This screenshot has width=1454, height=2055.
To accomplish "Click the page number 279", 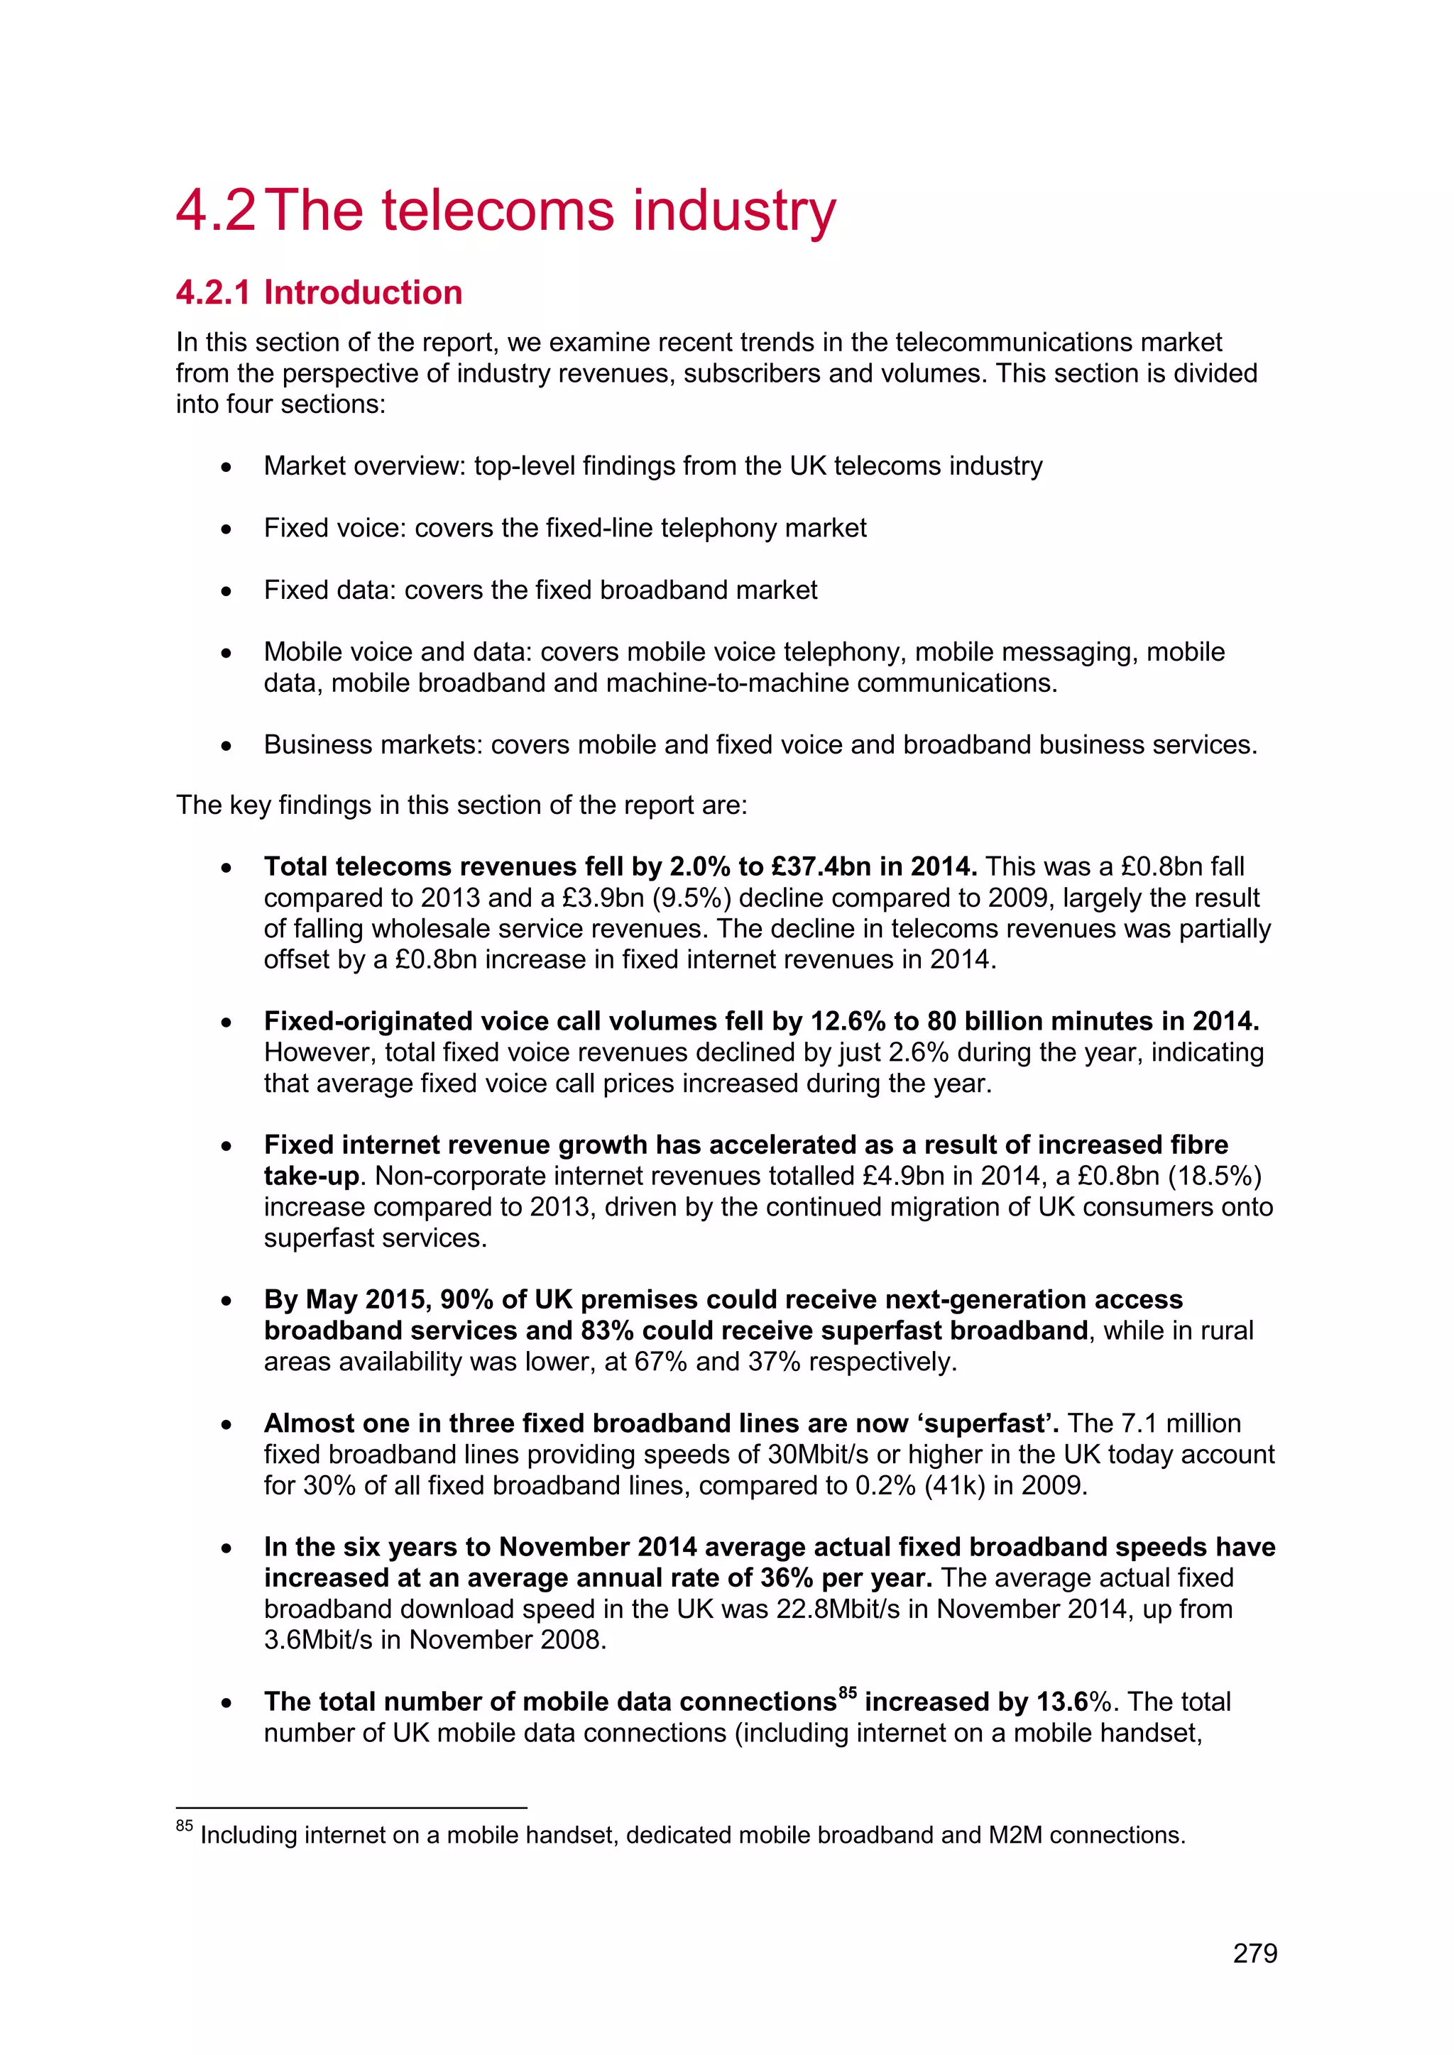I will (x=1255, y=1953).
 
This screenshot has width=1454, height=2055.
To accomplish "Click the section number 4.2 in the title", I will (x=216, y=211).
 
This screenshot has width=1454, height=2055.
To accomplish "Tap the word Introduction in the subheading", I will (x=363, y=292).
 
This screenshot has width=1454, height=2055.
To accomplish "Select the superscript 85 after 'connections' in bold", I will (x=847, y=1692).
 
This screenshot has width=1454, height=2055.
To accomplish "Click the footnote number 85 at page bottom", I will (x=184, y=1825).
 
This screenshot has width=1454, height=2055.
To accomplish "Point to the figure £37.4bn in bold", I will (x=821, y=866).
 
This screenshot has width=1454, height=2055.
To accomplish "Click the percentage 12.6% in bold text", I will (x=848, y=1021).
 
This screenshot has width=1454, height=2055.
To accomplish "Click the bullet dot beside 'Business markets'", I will (x=227, y=746).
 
